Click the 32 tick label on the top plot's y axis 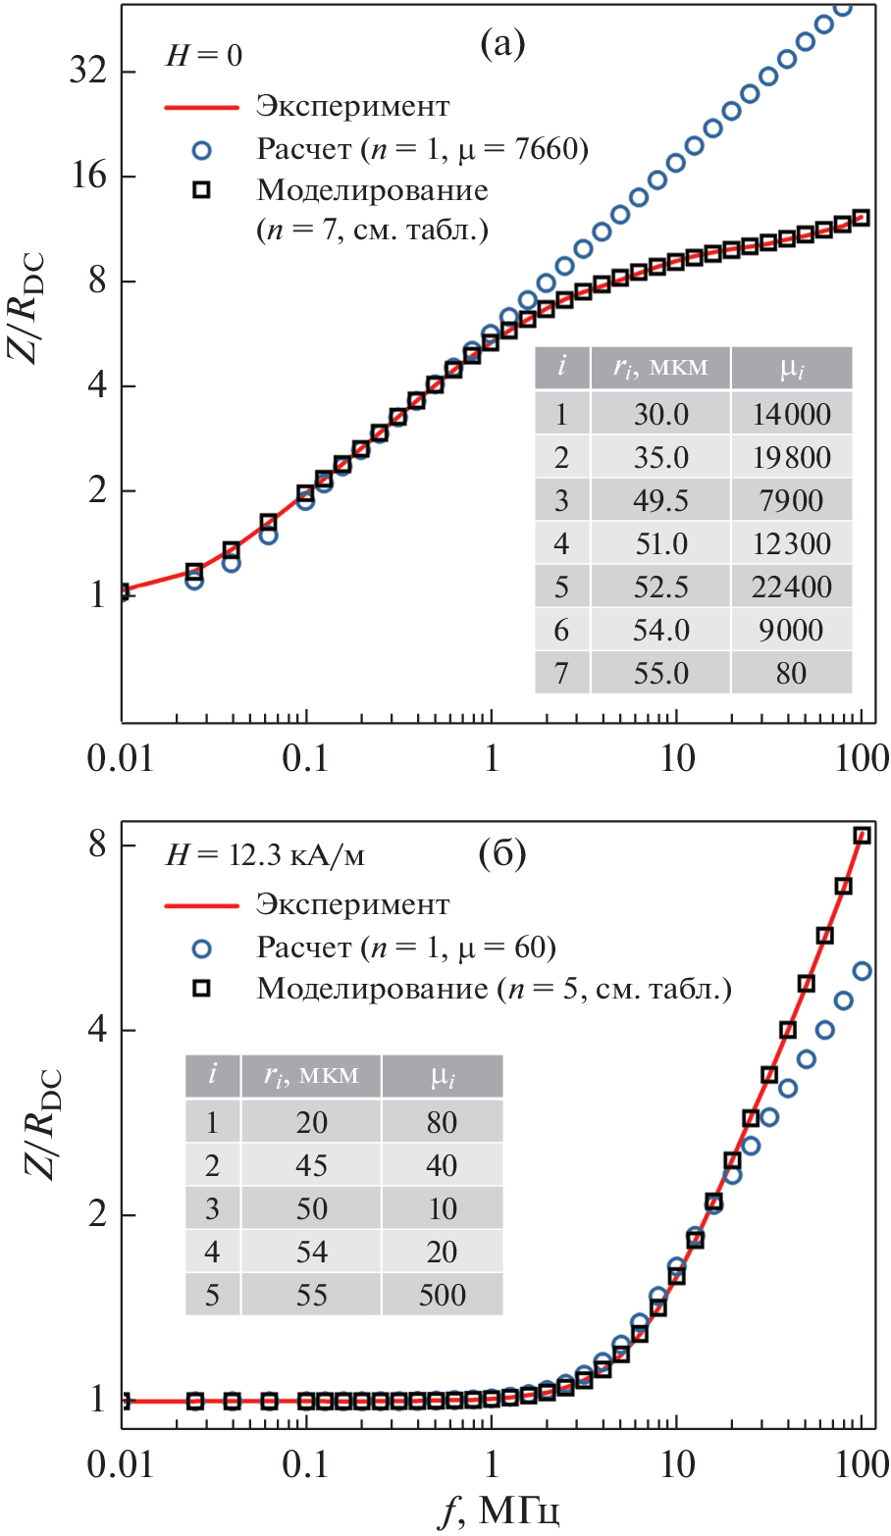click(x=87, y=73)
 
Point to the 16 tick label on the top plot click(x=87, y=178)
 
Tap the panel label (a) click(x=502, y=44)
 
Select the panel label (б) click(x=502, y=853)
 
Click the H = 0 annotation click(x=203, y=56)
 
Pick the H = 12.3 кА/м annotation click(x=265, y=855)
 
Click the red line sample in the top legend click(x=202, y=107)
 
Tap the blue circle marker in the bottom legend click(x=202, y=947)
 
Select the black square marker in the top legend click(x=202, y=190)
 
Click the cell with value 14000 click(x=791, y=415)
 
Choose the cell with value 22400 click(x=791, y=588)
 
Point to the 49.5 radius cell click(x=660, y=501)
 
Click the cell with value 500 click(x=442, y=1296)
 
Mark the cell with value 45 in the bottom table click(x=311, y=1166)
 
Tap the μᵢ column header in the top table click(x=791, y=369)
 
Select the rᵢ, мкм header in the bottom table click(x=311, y=1076)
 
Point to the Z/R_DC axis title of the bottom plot click(x=34, y=1108)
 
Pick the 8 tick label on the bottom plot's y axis click(x=97, y=845)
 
